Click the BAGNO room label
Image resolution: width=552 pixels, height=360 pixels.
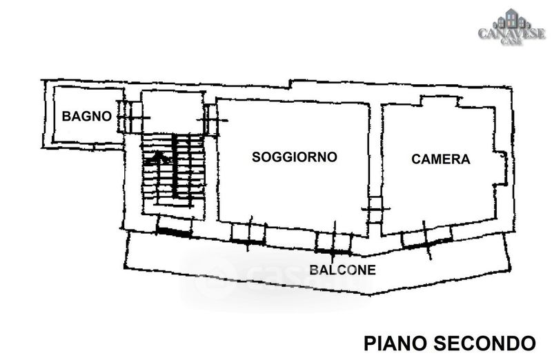pyautogui.click(x=87, y=116)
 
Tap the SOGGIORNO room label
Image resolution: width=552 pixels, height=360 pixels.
pyautogui.click(x=295, y=157)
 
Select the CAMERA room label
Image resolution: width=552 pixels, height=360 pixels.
pyautogui.click(x=441, y=159)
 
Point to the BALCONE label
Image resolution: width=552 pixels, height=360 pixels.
pyautogui.click(x=342, y=270)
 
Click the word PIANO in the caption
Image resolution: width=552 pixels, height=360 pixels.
pyautogui.click(x=395, y=343)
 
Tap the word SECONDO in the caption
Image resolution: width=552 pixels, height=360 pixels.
pyautogui.click(x=484, y=343)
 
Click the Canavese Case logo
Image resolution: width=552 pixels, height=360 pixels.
pyautogui.click(x=511, y=28)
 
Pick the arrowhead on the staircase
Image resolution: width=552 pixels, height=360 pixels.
pyautogui.click(x=158, y=157)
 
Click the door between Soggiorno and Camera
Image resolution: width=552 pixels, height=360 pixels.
pyautogui.click(x=375, y=210)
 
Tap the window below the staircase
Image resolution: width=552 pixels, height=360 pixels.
pyautogui.click(x=175, y=230)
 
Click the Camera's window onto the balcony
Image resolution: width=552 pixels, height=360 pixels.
pyautogui.click(x=426, y=241)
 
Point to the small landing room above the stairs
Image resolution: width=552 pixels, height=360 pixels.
pyautogui.click(x=172, y=112)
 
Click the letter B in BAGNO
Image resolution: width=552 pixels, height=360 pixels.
pyautogui.click(x=66, y=116)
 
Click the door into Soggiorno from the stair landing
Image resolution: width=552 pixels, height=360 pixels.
pyautogui.click(x=211, y=120)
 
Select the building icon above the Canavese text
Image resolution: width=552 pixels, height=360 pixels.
pyautogui.click(x=511, y=19)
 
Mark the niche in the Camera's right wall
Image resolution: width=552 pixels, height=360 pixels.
pyautogui.click(x=501, y=168)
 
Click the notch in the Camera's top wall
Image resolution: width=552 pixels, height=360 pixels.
pyautogui.click(x=440, y=101)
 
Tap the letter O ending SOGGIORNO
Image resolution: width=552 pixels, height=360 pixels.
pyautogui.click(x=332, y=157)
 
